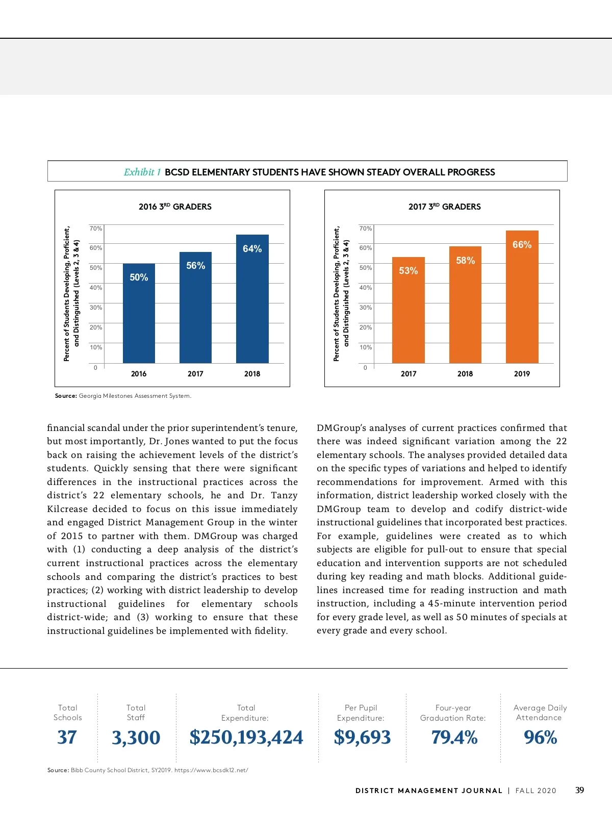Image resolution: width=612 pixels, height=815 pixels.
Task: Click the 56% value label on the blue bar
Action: coord(196,266)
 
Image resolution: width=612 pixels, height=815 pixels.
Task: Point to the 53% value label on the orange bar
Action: coord(409,271)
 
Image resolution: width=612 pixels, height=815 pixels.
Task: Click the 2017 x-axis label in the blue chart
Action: coord(195,374)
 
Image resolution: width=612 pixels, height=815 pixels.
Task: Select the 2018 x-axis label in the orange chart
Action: coord(465,374)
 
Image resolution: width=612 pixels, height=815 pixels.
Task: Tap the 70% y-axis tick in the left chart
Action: coord(96,228)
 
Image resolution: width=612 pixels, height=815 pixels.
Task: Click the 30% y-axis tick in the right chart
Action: coord(366,308)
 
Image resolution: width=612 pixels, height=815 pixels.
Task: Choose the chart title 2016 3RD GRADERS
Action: coord(175,207)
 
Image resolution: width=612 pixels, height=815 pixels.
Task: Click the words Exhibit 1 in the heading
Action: coord(142,172)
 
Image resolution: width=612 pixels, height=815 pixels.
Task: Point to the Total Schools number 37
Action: coord(67,737)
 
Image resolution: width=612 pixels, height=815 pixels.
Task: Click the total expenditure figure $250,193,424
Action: coord(246,737)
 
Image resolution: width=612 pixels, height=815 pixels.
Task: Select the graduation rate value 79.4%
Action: coord(454,737)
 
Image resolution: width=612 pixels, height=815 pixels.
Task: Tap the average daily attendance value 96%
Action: coord(540,737)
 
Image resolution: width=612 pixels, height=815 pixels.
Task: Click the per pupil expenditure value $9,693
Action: coord(362,737)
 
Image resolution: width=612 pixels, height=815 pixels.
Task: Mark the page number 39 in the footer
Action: coord(579,790)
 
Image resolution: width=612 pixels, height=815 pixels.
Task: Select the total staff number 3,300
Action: coord(136,738)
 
